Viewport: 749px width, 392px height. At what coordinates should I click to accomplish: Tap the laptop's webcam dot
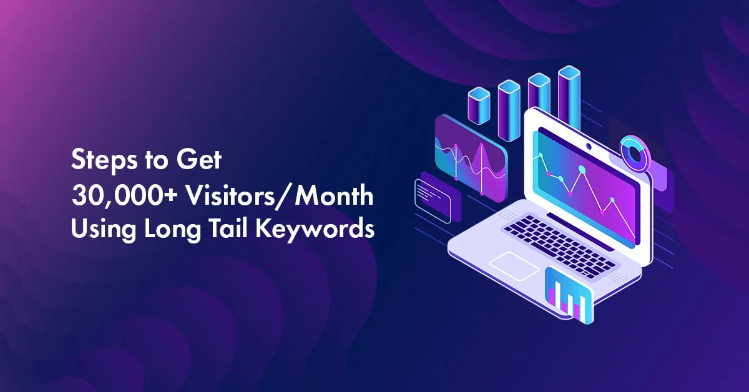[x=588, y=147]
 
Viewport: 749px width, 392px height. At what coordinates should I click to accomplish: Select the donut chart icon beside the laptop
[x=635, y=154]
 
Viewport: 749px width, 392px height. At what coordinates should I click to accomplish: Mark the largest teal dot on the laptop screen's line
[x=582, y=169]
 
